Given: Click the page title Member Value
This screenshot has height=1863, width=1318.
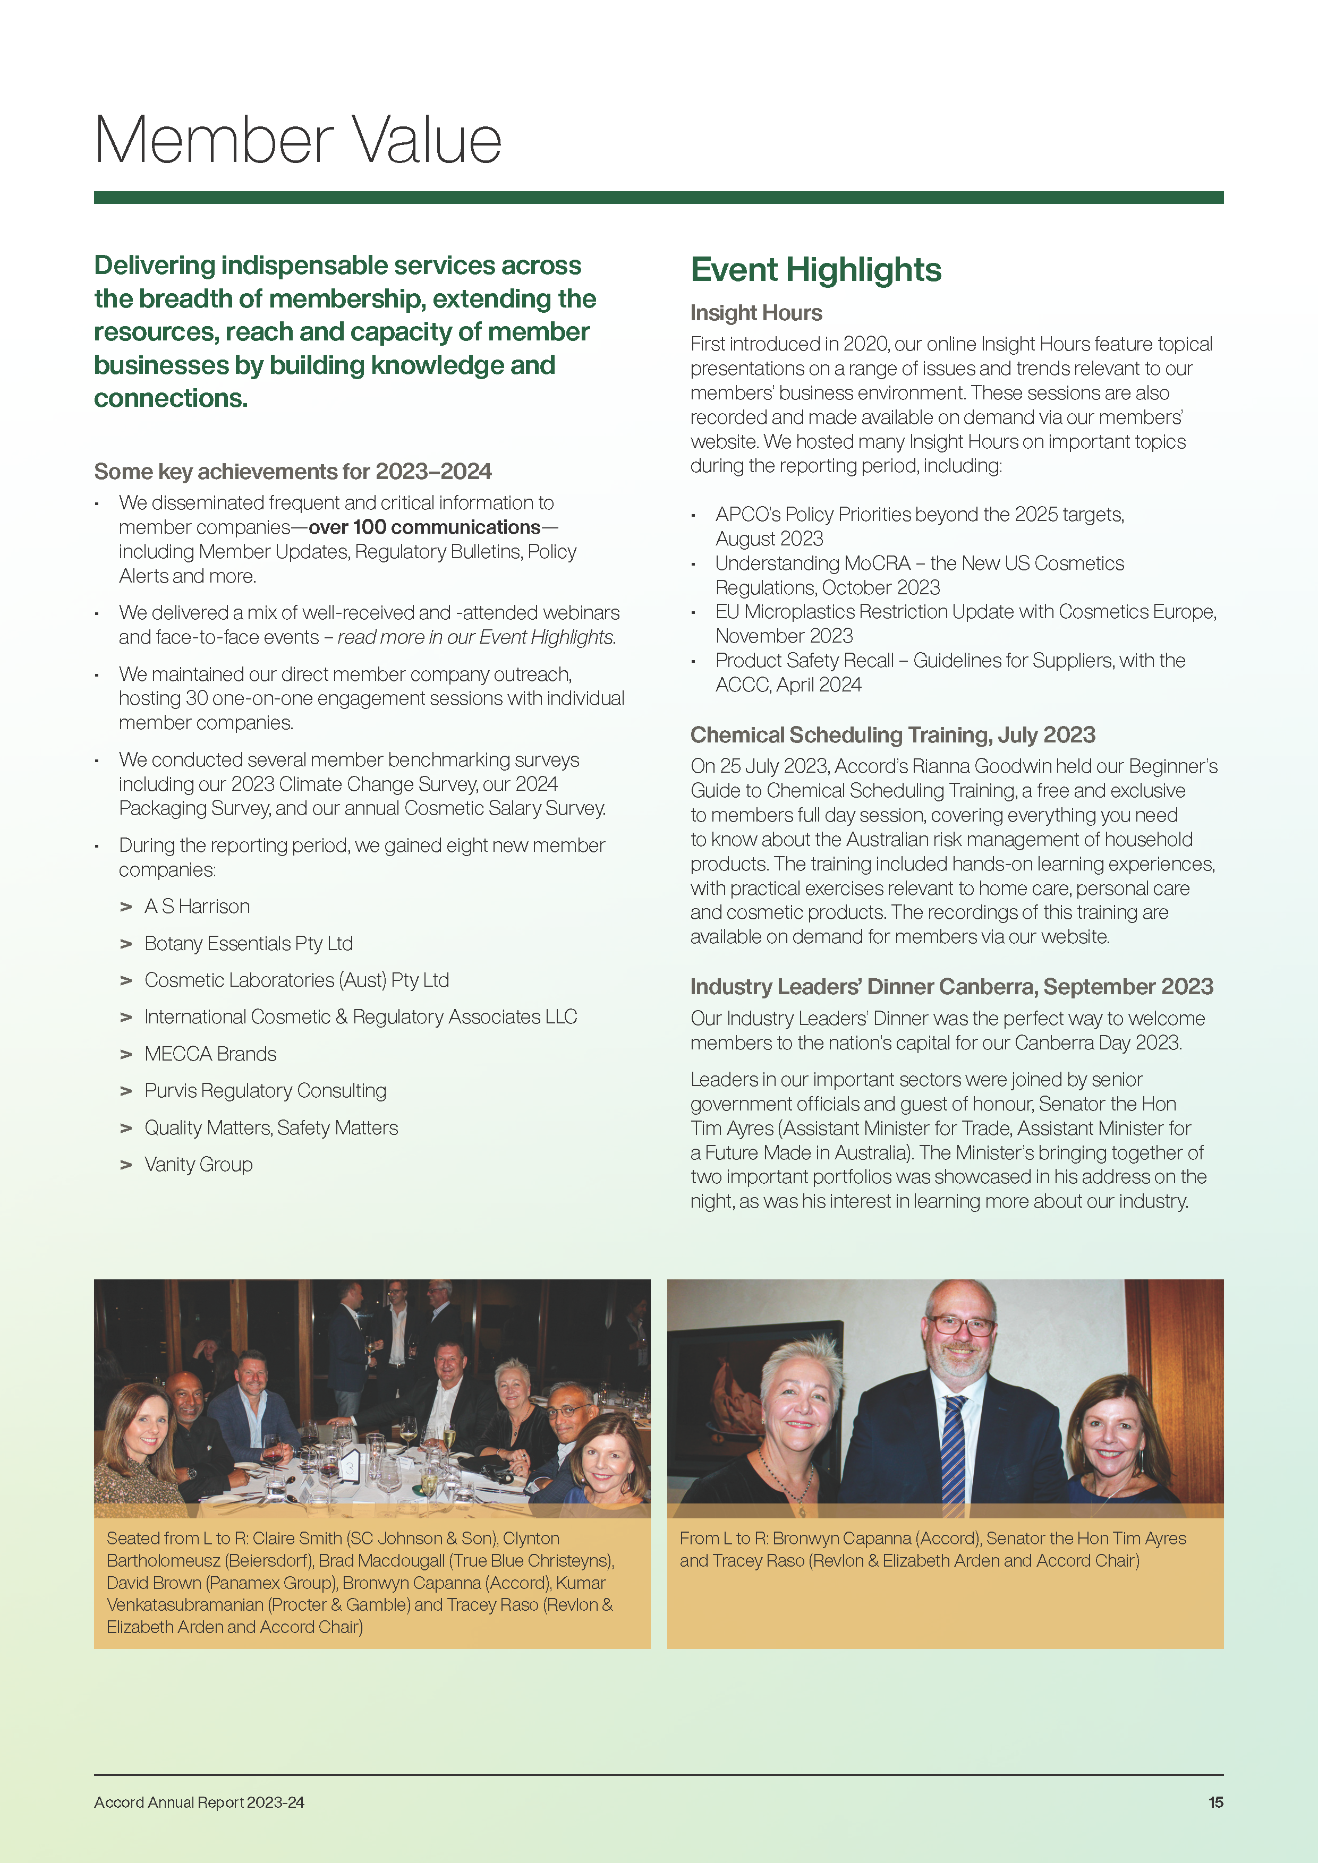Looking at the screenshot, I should [298, 140].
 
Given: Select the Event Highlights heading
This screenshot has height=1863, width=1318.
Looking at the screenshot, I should [815, 269].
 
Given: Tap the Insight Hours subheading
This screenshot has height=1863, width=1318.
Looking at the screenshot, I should [755, 313].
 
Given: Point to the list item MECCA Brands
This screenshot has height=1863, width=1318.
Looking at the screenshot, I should [210, 1054].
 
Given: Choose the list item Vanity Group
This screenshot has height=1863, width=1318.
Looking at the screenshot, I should [198, 1164].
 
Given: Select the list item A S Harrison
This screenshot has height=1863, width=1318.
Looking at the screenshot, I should [197, 907].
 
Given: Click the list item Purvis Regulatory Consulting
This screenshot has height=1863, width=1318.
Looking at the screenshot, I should [265, 1090].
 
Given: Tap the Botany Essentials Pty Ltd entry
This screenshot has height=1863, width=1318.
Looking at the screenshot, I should [248, 944].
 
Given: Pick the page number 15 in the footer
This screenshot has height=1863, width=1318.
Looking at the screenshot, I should [1215, 1802].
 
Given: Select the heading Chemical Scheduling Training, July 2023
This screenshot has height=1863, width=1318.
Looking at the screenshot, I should [892, 735].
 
